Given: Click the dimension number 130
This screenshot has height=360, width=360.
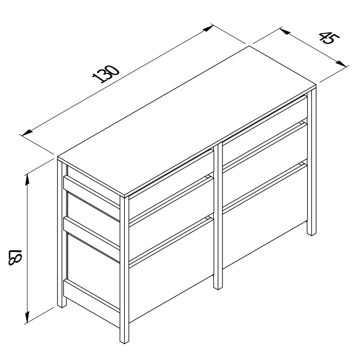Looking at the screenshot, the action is coord(106,74).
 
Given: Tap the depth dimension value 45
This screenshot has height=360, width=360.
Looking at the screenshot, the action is coord(329,38).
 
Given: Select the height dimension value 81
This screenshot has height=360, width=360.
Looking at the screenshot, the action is coord(15,257).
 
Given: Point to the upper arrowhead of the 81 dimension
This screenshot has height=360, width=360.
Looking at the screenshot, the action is coord(27,180).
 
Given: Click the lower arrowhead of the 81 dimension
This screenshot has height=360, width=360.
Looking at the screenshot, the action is coord(27,317).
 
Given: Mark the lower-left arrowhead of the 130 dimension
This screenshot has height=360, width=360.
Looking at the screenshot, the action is coord(27,132).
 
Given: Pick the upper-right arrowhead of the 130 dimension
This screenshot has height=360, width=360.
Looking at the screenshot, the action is coord(208,28).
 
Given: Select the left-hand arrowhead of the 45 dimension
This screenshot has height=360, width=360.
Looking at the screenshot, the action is coord(285,31).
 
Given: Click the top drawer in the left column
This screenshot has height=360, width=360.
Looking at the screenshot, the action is coord(171,184).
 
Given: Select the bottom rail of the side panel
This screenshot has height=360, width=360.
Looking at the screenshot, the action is coord(92,296).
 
